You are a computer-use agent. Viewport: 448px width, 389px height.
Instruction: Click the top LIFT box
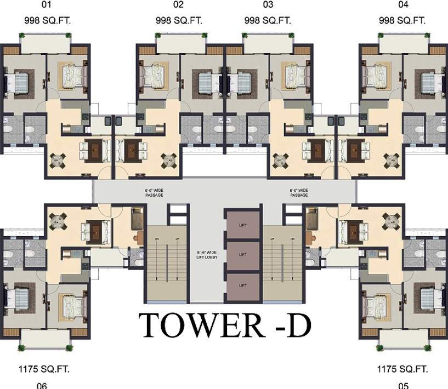(243, 225)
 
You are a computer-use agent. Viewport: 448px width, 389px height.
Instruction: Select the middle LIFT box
(243, 255)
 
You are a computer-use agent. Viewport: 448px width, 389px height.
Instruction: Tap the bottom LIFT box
(243, 285)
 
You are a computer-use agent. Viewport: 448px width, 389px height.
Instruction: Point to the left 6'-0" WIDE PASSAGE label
(154, 192)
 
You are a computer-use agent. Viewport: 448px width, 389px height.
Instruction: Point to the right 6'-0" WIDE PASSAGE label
(299, 192)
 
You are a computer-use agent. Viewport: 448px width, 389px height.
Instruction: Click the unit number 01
(46, 5)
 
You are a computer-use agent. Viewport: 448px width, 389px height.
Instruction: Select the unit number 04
(403, 5)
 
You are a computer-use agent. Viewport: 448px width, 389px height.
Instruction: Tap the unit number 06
(42, 385)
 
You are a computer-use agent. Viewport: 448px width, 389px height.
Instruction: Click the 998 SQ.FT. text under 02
(179, 21)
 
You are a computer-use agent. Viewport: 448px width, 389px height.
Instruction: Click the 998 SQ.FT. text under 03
(268, 21)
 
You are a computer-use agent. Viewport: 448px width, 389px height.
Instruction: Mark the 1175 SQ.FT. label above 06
(46, 369)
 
